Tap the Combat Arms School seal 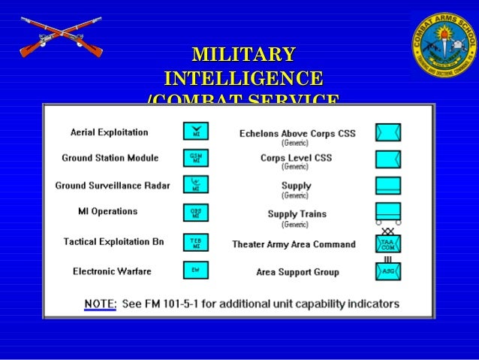tap(444, 43)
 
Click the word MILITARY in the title tap(243, 54)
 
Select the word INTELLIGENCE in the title tap(243, 78)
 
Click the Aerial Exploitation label tap(110, 132)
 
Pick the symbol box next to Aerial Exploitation tap(195, 132)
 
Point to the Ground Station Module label tap(110, 158)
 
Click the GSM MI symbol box tap(195, 158)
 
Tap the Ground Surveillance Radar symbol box tap(195, 184)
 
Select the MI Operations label tap(108, 211)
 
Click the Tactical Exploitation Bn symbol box tap(195, 241)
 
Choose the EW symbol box tap(195, 270)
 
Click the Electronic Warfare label tap(112, 271)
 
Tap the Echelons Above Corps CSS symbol tap(388, 132)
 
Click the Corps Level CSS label tap(296, 158)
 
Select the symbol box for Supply tap(388, 186)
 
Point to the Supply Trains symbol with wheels tap(388, 213)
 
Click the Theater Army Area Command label tap(294, 244)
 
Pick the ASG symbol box tap(388, 271)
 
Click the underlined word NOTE tap(99, 304)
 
